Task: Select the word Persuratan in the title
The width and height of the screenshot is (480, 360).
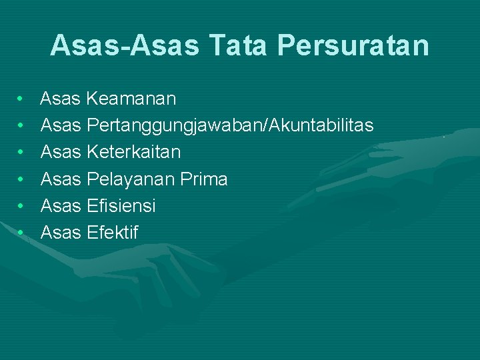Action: coord(352,45)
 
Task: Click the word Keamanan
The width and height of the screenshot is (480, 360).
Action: coord(131,99)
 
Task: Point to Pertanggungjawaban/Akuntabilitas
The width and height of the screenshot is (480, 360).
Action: coord(230,126)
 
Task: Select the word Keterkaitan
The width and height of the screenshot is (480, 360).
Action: coord(133,153)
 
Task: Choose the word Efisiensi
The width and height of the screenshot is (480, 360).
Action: coord(121,206)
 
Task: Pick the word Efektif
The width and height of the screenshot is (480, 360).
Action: coord(113,233)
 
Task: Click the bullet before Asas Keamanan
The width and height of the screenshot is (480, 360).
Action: coord(22,99)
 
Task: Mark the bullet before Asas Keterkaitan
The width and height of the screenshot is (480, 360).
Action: coord(22,153)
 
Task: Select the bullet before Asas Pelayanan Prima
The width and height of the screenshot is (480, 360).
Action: coord(22,179)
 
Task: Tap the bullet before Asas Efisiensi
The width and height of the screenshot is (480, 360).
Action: coord(22,206)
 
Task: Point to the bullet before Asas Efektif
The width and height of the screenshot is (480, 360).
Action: coord(22,233)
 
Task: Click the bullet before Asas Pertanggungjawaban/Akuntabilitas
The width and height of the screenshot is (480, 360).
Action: coord(22,126)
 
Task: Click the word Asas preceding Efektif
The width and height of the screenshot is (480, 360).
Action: coord(61,233)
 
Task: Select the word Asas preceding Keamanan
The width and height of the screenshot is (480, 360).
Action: coord(61,99)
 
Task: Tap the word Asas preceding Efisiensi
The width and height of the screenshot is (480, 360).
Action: coord(61,206)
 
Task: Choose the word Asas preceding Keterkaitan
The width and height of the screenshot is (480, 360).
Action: coord(61,153)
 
